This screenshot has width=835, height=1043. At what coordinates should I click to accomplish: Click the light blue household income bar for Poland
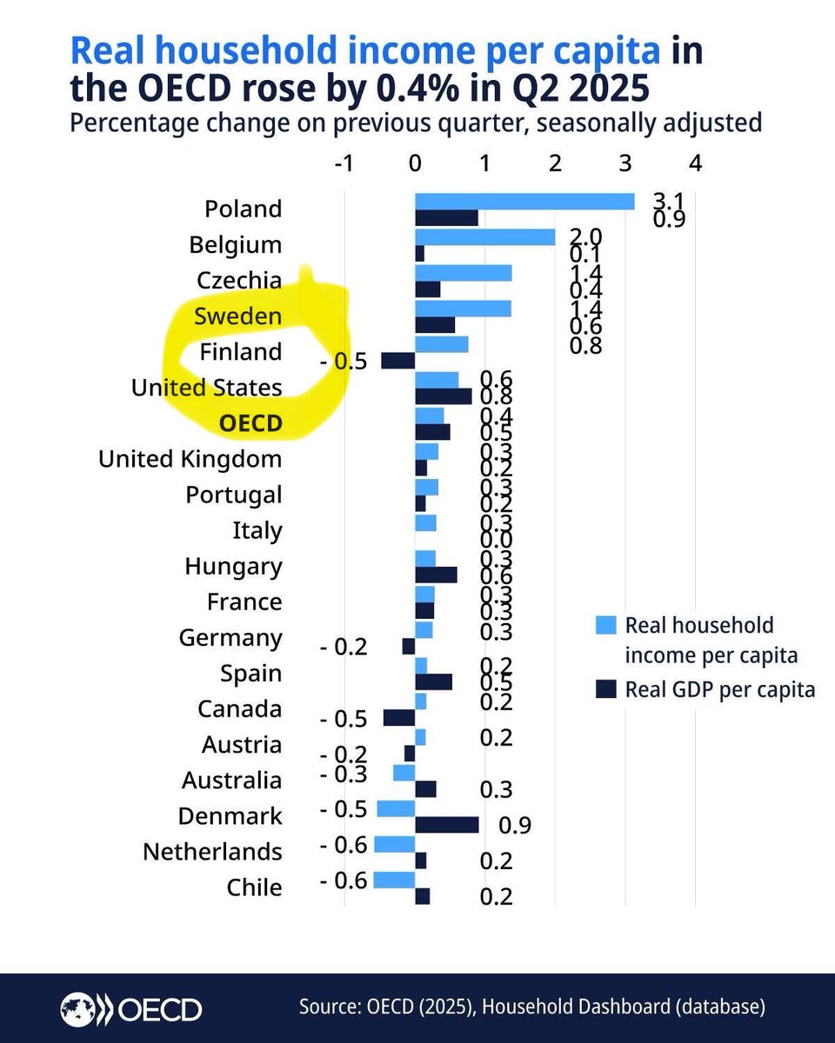coord(524,201)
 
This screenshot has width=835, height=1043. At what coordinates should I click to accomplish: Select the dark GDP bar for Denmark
coord(447,824)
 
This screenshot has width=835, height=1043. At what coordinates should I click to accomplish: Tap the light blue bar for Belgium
coord(484,236)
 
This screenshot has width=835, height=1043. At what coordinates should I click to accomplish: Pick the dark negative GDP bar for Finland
coord(398,360)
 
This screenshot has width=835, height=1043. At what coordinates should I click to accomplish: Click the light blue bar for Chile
coord(394,879)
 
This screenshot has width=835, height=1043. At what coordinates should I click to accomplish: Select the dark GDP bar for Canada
coord(399,717)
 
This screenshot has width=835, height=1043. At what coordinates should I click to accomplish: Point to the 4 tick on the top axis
coord(694,163)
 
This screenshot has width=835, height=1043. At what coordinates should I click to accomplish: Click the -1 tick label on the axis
coord(344,163)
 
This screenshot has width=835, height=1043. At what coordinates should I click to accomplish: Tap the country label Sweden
coord(237,316)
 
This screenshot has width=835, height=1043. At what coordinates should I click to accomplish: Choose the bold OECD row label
coord(250,423)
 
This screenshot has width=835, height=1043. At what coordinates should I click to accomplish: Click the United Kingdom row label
coord(190,458)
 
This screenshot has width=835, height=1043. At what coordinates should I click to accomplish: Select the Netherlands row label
coord(212,851)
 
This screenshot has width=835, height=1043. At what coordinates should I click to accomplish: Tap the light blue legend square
coord(605,624)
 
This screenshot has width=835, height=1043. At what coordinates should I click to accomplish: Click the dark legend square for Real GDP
coord(605,689)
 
